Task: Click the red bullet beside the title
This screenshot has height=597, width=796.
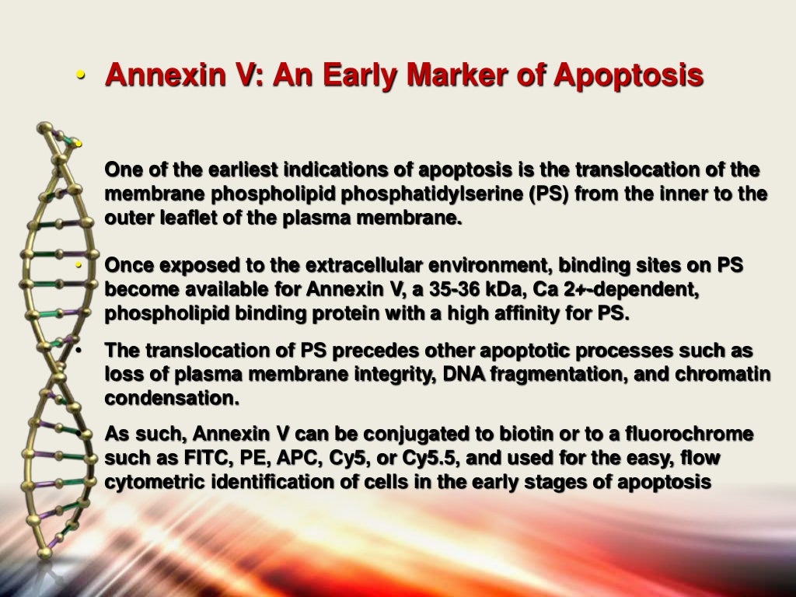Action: (x=81, y=77)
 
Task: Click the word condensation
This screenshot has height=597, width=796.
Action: (x=172, y=398)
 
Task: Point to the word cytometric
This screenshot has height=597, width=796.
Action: (x=155, y=482)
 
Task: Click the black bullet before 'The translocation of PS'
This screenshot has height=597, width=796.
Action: (x=80, y=351)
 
